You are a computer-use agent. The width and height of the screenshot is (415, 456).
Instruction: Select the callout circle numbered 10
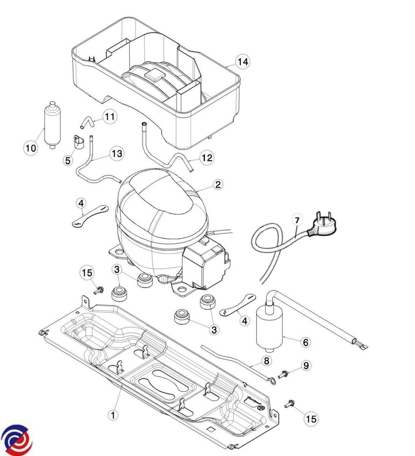pyautogui.click(x=31, y=148)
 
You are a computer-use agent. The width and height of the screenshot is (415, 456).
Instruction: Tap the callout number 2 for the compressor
pyautogui.click(x=218, y=185)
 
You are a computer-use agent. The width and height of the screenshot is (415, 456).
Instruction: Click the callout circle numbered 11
pyautogui.click(x=110, y=117)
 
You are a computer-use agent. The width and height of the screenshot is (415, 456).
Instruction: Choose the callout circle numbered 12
pyautogui.click(x=207, y=157)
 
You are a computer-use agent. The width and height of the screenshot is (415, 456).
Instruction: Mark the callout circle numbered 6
pyautogui.click(x=304, y=342)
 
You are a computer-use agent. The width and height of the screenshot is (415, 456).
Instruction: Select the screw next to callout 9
pyautogui.click(x=282, y=374)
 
